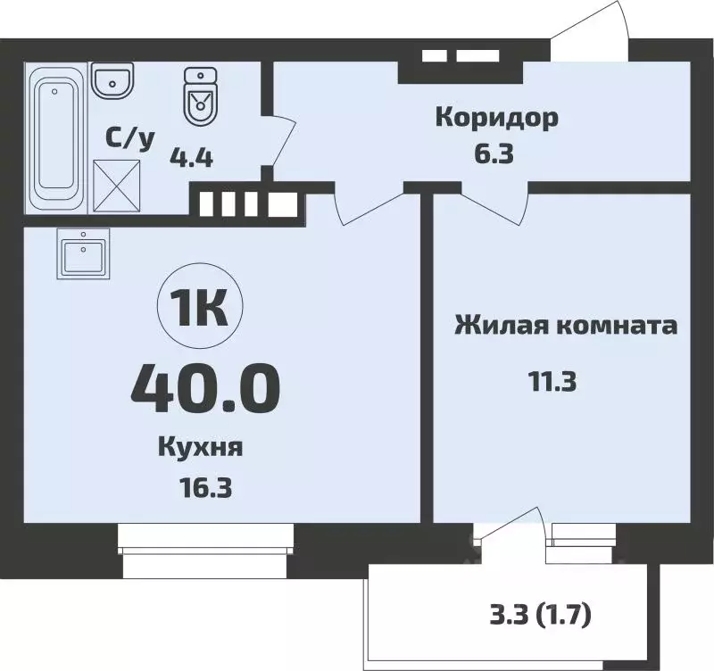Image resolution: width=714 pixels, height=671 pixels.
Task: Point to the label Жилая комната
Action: pos(566,325)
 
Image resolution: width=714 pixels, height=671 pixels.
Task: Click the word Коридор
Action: pos(496,117)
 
